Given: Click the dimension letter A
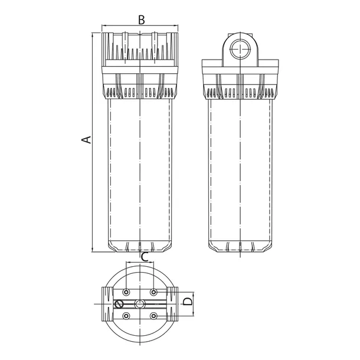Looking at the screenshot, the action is [x=87, y=140].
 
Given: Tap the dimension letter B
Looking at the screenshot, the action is [x=142, y=20].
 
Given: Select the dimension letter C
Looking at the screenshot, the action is [x=145, y=257].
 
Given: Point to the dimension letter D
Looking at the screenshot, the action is [x=188, y=301].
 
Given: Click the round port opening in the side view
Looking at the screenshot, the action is [x=240, y=49].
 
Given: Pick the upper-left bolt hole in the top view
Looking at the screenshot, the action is [x=126, y=292].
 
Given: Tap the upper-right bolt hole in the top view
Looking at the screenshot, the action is [x=153, y=292].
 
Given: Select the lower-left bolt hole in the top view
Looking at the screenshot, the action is [x=126, y=316].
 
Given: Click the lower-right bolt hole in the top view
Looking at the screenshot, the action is [x=153, y=316].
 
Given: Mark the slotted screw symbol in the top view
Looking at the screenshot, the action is [x=119, y=304].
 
